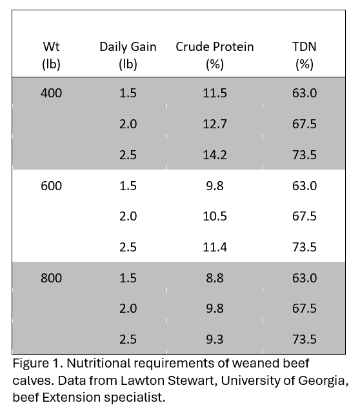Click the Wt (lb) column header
[51, 55]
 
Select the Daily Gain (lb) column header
[128, 55]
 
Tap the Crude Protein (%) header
[215, 55]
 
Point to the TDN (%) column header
[305, 55]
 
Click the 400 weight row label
[51, 93]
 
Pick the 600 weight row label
[51, 186]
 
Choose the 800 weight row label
[51, 278]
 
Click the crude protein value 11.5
[215, 93]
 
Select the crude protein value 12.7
[215, 124]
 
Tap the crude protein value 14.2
[215, 155]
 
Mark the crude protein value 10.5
[215, 217]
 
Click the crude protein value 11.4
[215, 247]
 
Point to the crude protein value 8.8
[215, 278]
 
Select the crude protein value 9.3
[215, 339]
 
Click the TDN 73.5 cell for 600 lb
[305, 247]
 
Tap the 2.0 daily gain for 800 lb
[128, 308]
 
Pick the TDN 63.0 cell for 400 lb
[305, 93]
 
